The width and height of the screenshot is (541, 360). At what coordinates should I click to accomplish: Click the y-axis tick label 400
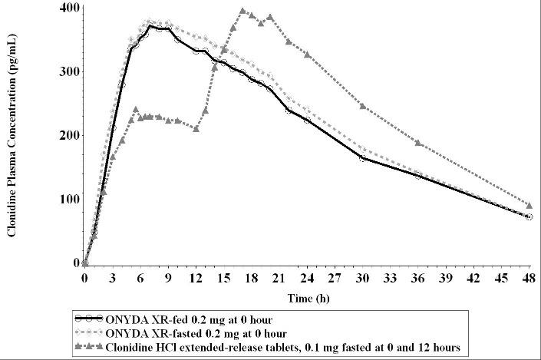pyautogui.click(x=67, y=8)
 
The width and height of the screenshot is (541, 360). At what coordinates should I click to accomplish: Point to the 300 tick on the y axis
pyautogui.click(x=67, y=71)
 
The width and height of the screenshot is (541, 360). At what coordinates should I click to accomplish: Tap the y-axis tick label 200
pyautogui.click(x=67, y=135)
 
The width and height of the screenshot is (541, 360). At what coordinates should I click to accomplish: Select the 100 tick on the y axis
pyautogui.click(x=67, y=199)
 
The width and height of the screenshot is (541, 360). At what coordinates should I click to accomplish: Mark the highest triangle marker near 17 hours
pyautogui.click(x=242, y=12)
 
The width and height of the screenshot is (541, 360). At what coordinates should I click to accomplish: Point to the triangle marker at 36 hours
pyautogui.click(x=417, y=143)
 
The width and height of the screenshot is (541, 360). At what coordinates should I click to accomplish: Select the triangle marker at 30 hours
pyautogui.click(x=362, y=105)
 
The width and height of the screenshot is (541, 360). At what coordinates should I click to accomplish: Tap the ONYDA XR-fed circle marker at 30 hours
pyautogui.click(x=362, y=158)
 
